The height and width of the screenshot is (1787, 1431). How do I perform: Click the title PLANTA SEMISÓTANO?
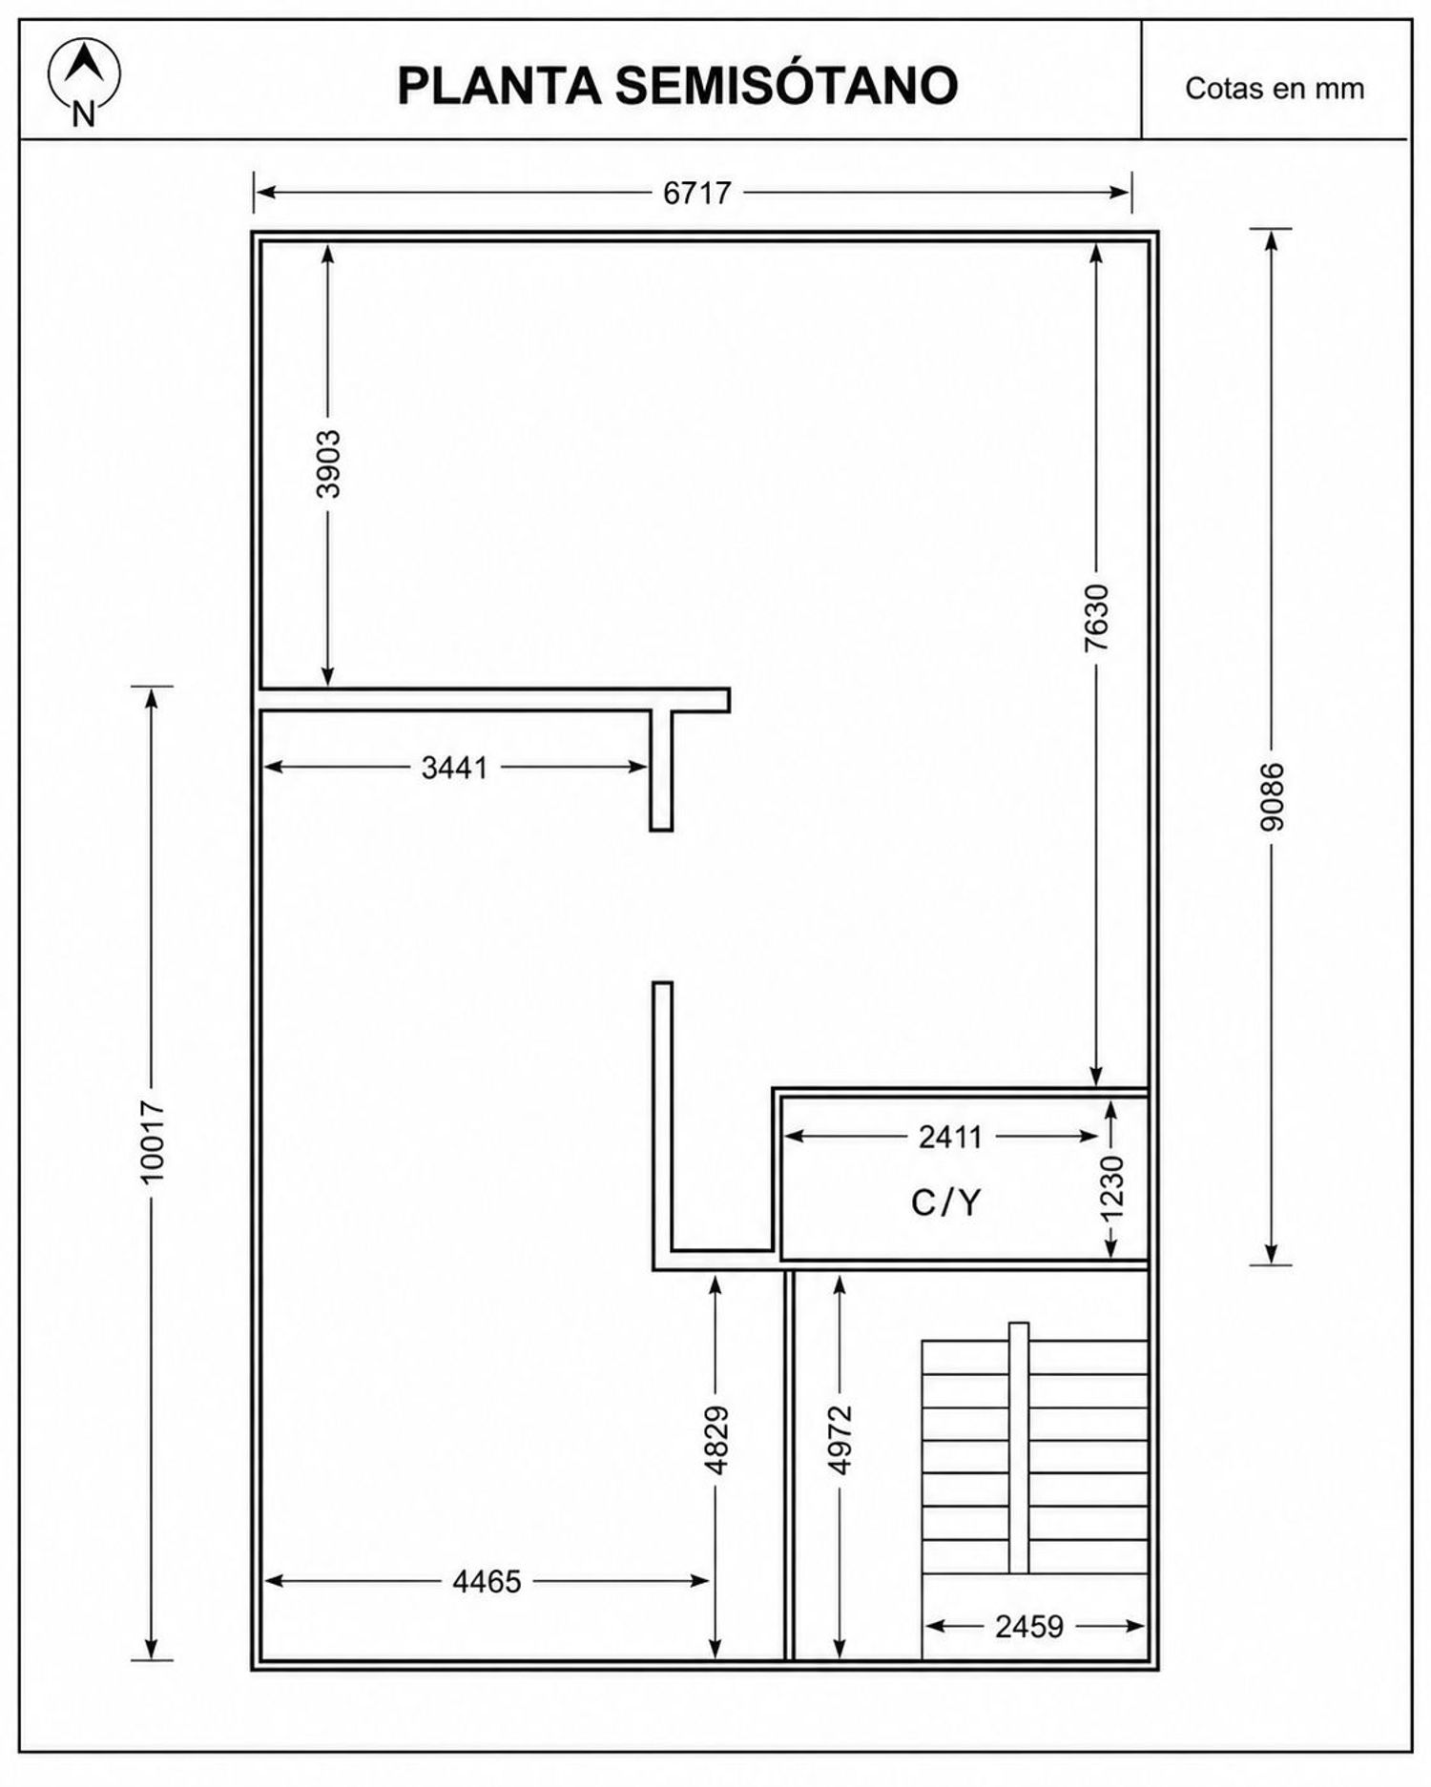(x=677, y=86)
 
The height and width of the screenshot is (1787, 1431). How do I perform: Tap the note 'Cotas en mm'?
(x=1275, y=89)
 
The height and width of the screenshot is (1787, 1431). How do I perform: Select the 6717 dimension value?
(x=697, y=193)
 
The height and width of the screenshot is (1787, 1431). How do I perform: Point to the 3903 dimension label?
(x=328, y=464)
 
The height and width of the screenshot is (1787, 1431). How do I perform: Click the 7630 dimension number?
(x=1097, y=618)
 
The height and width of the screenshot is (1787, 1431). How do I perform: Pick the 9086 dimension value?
(x=1273, y=796)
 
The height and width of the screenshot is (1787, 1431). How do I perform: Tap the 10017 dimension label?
(x=153, y=1141)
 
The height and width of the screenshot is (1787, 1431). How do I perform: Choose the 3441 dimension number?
(x=455, y=767)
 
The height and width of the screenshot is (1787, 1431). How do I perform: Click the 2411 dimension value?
(x=950, y=1137)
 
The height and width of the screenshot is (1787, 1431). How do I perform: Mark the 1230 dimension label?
(x=1113, y=1188)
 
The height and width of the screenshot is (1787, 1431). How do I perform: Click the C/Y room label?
(x=945, y=1203)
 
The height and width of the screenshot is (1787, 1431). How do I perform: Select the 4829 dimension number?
(x=716, y=1440)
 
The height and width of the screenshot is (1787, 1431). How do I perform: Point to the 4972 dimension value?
(x=840, y=1440)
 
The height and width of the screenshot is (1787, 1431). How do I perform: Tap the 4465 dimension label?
(x=487, y=1582)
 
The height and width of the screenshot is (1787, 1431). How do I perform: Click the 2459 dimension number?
(x=1029, y=1627)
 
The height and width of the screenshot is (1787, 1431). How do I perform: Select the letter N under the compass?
(x=84, y=115)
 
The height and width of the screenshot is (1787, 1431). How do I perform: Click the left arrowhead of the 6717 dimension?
(x=266, y=193)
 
